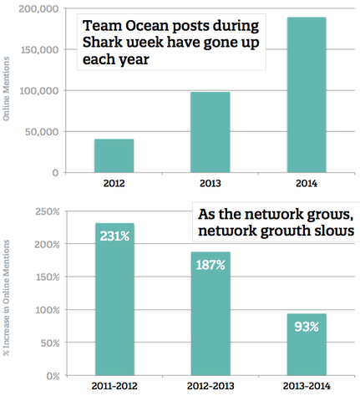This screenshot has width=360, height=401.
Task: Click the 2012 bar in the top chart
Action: pyautogui.click(x=114, y=155)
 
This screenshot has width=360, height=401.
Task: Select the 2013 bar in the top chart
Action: pyautogui.click(x=210, y=132)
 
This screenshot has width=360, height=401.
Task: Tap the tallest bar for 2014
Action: pyautogui.click(x=307, y=95)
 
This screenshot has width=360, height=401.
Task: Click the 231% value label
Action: pyautogui.click(x=114, y=236)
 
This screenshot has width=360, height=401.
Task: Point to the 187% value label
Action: pyautogui.click(x=210, y=265)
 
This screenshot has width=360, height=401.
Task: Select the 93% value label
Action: pyautogui.click(x=307, y=327)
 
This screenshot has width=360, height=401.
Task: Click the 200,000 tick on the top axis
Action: pyautogui.click(x=39, y=9)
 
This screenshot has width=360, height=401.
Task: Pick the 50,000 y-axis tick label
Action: pyautogui.click(x=42, y=132)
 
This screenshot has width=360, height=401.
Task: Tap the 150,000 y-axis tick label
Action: pyautogui.click(x=40, y=50)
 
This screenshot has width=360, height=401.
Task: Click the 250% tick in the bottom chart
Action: pyautogui.click(x=48, y=211)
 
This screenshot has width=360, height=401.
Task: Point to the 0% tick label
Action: pyautogui.click(x=53, y=376)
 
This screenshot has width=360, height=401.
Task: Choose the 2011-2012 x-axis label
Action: pyautogui.click(x=114, y=386)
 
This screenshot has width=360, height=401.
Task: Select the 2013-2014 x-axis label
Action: pyautogui.click(x=307, y=386)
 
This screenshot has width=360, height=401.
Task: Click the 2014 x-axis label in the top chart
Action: pyautogui.click(x=307, y=184)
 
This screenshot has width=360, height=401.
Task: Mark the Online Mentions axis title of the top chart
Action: pyautogui.click(x=6, y=89)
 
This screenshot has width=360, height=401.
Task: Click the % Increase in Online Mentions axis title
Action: pyautogui.click(x=6, y=297)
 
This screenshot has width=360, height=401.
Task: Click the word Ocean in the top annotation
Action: pyautogui.click(x=146, y=26)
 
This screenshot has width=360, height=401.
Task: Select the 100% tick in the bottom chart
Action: pyautogui.click(x=48, y=310)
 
